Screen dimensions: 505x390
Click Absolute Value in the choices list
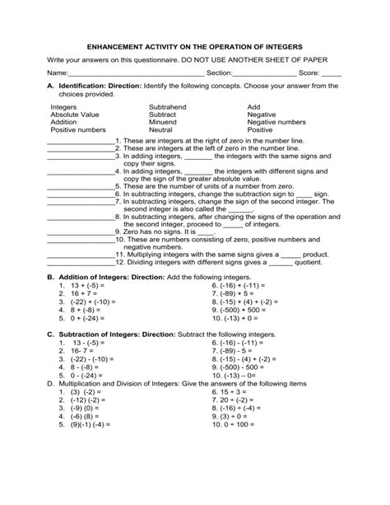pyautogui.click(x=74, y=115)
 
